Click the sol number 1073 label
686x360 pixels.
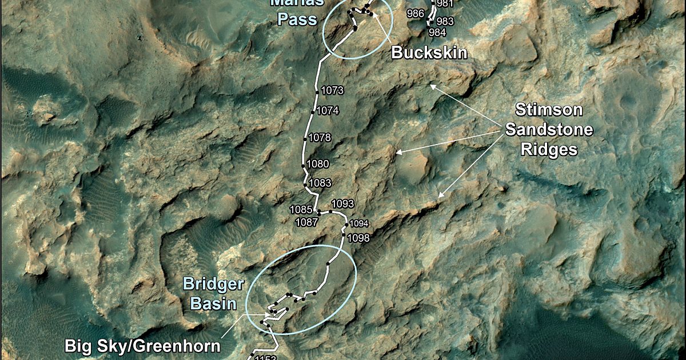pyautogui.click(x=332, y=90)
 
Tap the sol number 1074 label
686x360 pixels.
pyautogui.click(x=328, y=110)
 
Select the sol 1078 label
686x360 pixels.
pyautogui.click(x=320, y=138)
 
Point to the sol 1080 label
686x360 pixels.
pyautogui.click(x=318, y=164)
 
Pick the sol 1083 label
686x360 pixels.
pyautogui.click(x=320, y=183)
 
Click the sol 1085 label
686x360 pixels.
pyautogui.click(x=301, y=210)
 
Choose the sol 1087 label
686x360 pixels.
pyautogui.click(x=306, y=222)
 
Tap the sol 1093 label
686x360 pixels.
pyautogui.click(x=343, y=203)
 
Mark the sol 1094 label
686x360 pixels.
pyautogui.click(x=359, y=223)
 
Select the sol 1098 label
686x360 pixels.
pyautogui.click(x=359, y=237)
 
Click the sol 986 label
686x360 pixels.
pyautogui.click(x=416, y=13)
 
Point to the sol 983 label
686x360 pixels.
pyautogui.click(x=445, y=22)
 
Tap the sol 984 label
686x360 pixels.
pyautogui.click(x=437, y=33)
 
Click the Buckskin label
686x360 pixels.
pyautogui.click(x=429, y=53)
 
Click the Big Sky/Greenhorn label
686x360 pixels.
pyautogui.click(x=142, y=346)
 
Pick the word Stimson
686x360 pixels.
pyautogui.click(x=541, y=110)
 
